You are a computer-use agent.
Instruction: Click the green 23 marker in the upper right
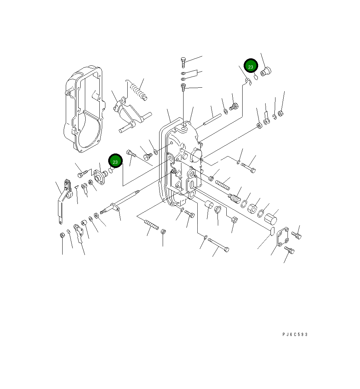[x=250, y=66]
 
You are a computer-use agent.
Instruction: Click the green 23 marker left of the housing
[x=115, y=162]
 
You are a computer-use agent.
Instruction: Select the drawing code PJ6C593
[x=295, y=334]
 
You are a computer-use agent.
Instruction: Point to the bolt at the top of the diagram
[x=183, y=62]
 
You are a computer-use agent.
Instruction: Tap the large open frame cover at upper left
[x=84, y=110]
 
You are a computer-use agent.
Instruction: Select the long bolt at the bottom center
[x=218, y=245]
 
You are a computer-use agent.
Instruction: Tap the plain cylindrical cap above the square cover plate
[x=271, y=219]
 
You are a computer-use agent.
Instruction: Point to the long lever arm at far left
[x=63, y=202]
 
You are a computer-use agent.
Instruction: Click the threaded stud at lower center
[x=151, y=225]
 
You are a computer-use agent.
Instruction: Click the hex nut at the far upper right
[x=280, y=114]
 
